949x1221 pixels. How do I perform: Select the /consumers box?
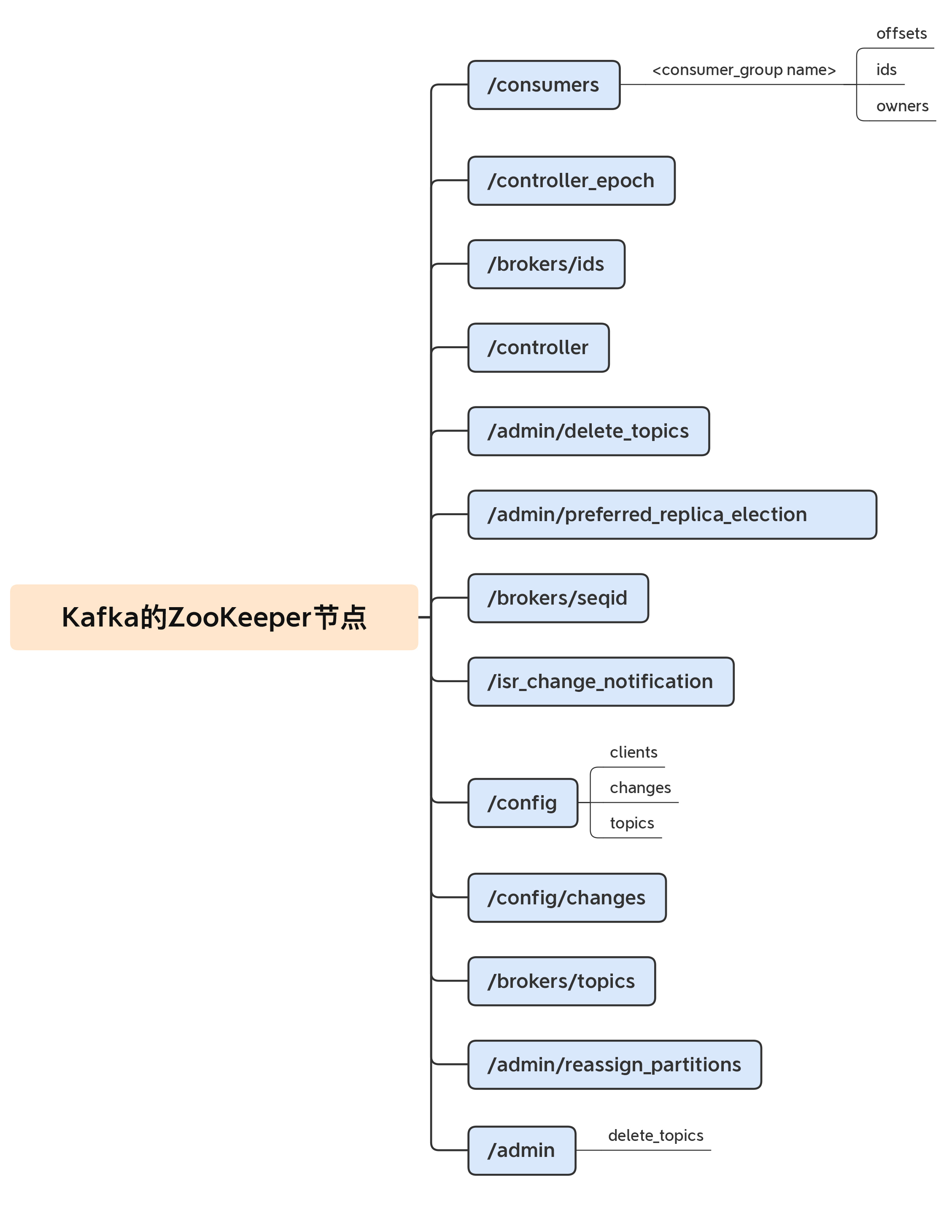(x=544, y=85)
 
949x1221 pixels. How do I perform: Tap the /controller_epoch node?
(x=571, y=180)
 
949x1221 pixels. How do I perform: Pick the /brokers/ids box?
(x=546, y=264)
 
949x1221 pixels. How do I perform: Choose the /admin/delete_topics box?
(x=588, y=431)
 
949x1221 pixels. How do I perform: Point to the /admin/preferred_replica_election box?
(x=671, y=514)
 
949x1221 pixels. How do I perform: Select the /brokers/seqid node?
(x=558, y=598)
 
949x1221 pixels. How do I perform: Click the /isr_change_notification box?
(x=601, y=681)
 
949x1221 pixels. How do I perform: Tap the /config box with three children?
(x=522, y=803)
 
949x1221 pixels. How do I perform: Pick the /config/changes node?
(x=566, y=897)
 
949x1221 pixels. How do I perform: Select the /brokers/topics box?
(x=561, y=981)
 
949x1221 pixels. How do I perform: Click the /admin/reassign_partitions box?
(x=614, y=1065)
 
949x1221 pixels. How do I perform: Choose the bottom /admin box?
(x=521, y=1150)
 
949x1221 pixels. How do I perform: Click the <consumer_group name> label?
(x=744, y=70)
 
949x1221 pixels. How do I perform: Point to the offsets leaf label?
(x=901, y=34)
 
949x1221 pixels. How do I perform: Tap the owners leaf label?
(x=902, y=106)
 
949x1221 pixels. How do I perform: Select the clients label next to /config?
(x=633, y=752)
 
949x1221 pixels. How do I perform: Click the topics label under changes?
(x=631, y=823)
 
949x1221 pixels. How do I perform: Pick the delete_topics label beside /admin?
(x=655, y=1135)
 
